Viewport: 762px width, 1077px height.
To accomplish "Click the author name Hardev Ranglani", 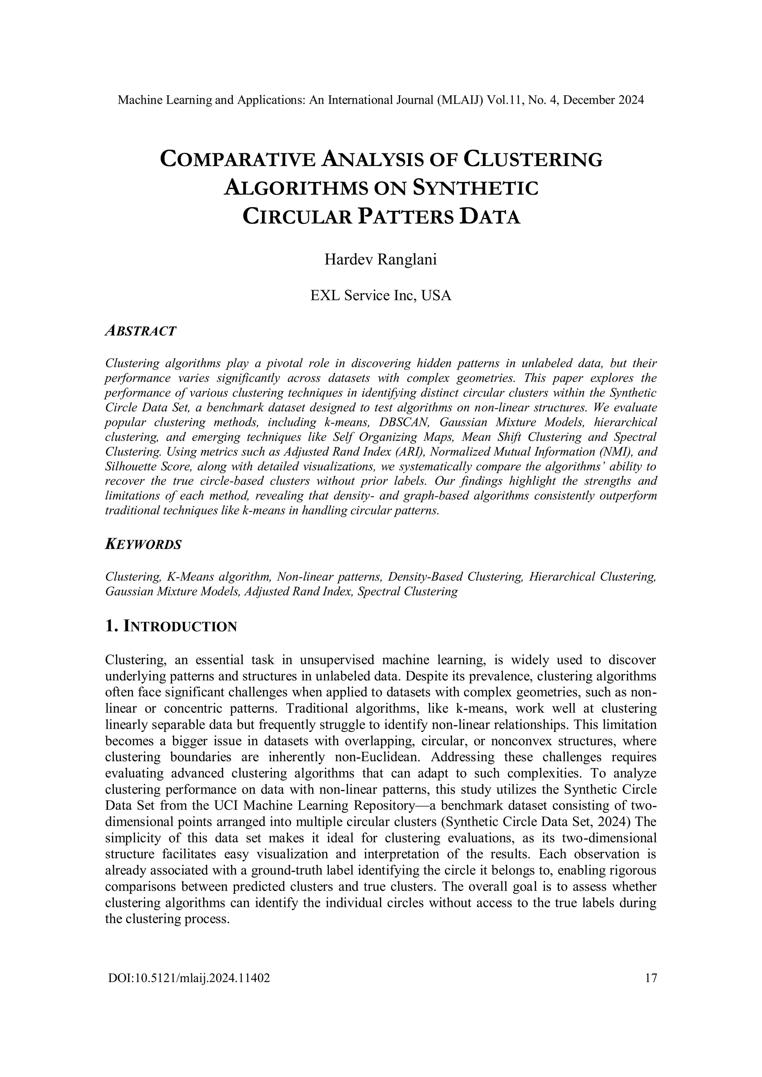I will (x=381, y=259).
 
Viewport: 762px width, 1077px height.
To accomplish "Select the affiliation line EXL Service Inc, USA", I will (x=381, y=295).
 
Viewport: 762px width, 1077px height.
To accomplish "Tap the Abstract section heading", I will (x=140, y=331).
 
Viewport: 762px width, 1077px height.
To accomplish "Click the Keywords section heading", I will (x=143, y=545).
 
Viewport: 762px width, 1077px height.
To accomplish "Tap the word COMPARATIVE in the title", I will (x=239, y=160).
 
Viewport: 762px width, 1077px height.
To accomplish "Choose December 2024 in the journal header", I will (x=603, y=100).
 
